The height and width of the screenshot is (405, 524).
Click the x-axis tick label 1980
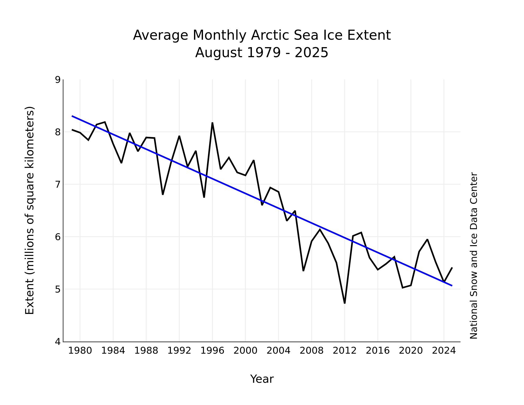[80, 351]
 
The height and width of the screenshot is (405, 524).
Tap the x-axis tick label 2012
[345, 351]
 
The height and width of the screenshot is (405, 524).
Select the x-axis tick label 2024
[444, 351]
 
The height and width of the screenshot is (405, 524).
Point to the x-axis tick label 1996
[212, 351]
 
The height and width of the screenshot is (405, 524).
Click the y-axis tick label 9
[58, 80]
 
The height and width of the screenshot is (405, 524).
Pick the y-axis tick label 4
[58, 342]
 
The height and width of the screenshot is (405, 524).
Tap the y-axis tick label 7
[58, 184]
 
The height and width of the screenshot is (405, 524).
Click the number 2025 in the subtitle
[311, 53]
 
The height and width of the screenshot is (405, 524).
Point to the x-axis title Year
[262, 379]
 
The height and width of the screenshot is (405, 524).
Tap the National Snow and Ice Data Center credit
[474, 256]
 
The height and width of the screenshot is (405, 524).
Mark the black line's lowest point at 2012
[345, 303]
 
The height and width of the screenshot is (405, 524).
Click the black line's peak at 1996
[212, 123]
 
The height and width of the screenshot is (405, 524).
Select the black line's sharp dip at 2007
[303, 271]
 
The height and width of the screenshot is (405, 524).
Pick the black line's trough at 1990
[163, 195]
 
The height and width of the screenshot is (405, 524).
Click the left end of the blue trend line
[72, 116]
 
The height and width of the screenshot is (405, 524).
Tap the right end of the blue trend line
[452, 286]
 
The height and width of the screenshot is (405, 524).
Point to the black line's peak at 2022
[427, 240]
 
